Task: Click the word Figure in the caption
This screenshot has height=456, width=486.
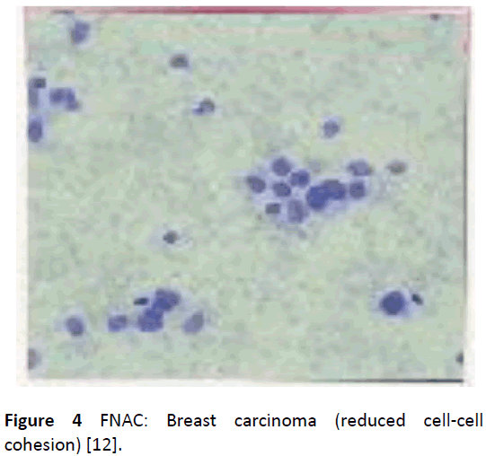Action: (x=30, y=421)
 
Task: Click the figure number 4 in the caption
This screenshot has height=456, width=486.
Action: (x=77, y=421)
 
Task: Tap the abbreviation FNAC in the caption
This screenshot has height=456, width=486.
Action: (x=124, y=421)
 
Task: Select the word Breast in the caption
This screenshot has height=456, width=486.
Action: (x=191, y=421)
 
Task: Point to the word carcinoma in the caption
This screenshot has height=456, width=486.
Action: (x=275, y=421)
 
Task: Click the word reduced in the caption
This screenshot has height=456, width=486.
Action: (x=370, y=421)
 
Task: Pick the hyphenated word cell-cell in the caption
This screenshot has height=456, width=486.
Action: (x=453, y=421)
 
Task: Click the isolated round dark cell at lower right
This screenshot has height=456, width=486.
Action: (x=394, y=303)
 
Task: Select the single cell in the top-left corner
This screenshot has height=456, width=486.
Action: (x=80, y=32)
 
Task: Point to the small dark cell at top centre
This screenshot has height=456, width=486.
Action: (x=180, y=61)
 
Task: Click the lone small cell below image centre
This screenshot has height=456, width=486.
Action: (x=170, y=237)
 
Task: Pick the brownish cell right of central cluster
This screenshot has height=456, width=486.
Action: (x=397, y=168)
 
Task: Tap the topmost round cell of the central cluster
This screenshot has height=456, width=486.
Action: (x=282, y=166)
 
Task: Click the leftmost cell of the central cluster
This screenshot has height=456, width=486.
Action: (x=256, y=184)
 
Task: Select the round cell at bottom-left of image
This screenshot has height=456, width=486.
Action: (x=75, y=325)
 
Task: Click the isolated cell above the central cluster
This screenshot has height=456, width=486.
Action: (x=331, y=127)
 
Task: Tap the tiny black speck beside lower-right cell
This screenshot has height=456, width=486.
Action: (x=417, y=298)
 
